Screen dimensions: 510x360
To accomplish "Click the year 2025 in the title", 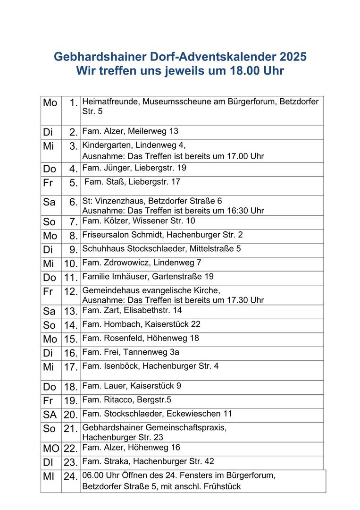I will point(293,57).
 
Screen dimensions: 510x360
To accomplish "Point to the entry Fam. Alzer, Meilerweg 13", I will point(130,131).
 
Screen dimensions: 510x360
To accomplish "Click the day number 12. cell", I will point(71,292).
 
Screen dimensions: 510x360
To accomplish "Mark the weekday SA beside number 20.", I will point(50,415).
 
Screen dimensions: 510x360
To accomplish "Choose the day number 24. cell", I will point(71,477).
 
